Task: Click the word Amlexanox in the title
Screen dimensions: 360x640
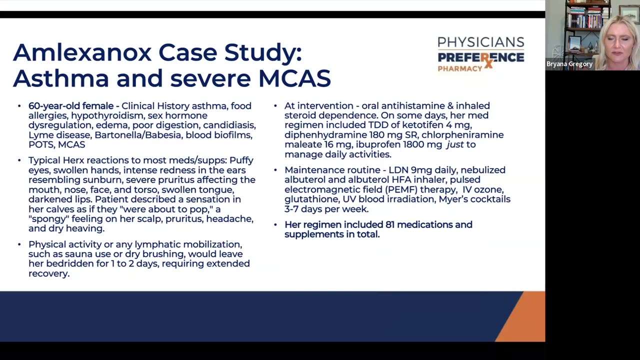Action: (x=82, y=52)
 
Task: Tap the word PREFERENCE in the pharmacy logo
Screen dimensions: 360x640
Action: (x=480, y=58)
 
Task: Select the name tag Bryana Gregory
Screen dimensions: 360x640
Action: (x=569, y=64)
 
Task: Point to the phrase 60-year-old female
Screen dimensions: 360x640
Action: (x=71, y=106)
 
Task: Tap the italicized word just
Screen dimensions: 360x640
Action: (x=454, y=144)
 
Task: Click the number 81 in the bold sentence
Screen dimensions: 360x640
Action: (x=390, y=224)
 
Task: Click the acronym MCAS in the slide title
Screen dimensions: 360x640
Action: (x=294, y=78)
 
